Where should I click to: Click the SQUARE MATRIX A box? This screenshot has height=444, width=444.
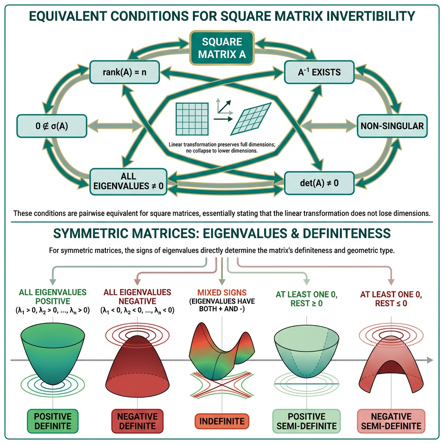coord(222,47)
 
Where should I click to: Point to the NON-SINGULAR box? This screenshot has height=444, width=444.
coord(392,126)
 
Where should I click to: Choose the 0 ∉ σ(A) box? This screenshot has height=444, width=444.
coord(52,126)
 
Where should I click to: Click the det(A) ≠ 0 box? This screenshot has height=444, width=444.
coord(318,183)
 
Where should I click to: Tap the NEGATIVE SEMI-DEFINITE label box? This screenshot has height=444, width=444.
coord(391,420)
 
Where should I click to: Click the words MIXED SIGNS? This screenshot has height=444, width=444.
coord(222,292)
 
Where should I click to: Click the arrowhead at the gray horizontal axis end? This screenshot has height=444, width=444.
coord(430,360)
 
